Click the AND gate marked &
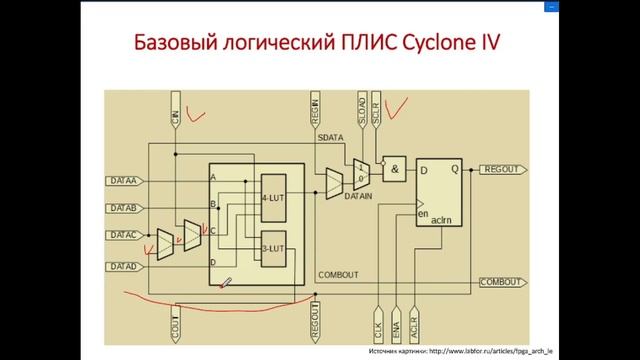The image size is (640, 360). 397,170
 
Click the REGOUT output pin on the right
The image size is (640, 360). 501,170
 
